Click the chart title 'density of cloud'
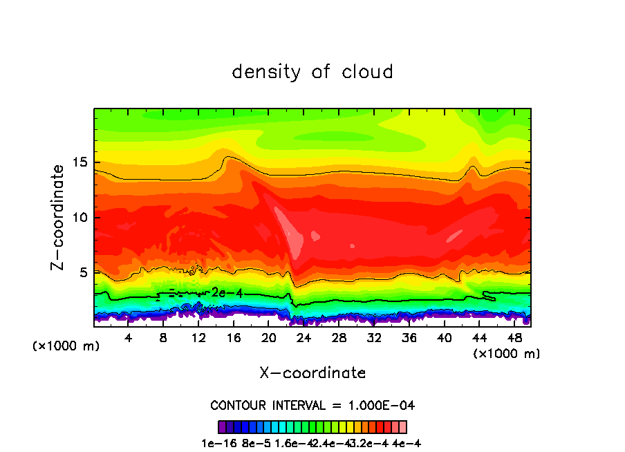[312, 72]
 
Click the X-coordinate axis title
[312, 373]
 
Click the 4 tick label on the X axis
[129, 339]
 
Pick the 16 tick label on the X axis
[234, 339]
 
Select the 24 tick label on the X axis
[304, 339]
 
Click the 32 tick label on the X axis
[374, 339]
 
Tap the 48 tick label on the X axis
[514, 339]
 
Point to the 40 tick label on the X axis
[444, 339]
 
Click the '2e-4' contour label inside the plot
[227, 293]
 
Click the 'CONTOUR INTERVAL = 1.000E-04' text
[312, 405]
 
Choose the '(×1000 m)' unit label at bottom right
[506, 354]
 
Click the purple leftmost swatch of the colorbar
[222, 427]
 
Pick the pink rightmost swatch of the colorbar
[403, 427]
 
